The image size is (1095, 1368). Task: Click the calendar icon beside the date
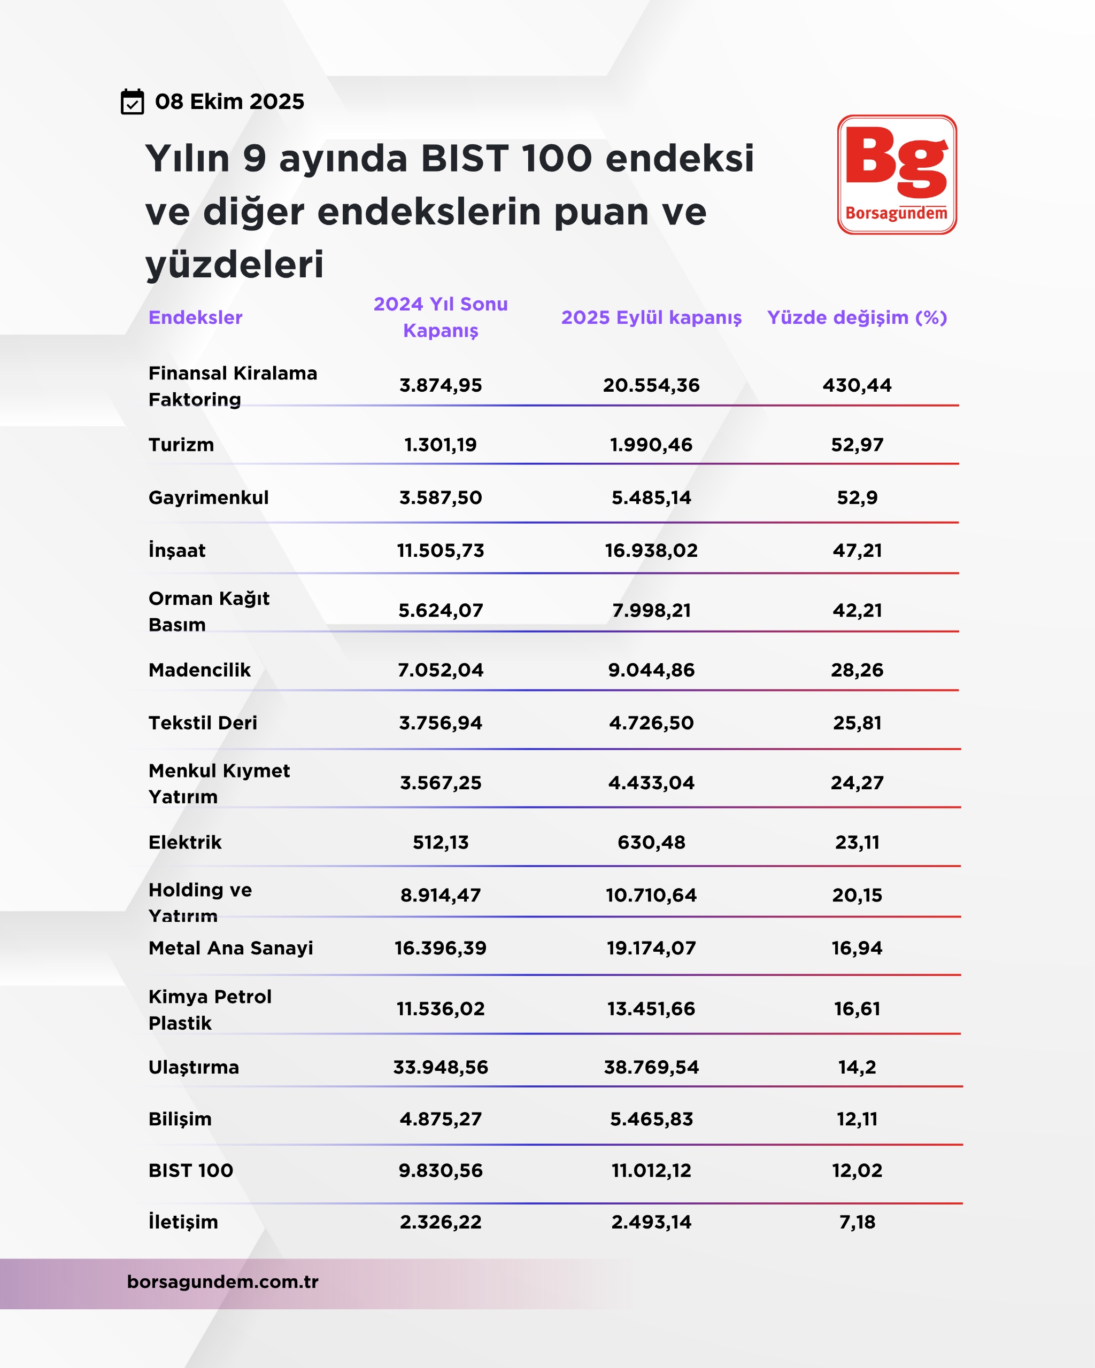tap(132, 102)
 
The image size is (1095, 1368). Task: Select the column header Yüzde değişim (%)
tap(857, 317)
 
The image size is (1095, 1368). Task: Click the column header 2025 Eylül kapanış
tap(651, 317)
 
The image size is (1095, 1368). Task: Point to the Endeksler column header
tap(196, 317)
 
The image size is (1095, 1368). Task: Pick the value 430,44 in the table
tap(857, 385)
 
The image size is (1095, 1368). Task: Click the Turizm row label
tap(182, 445)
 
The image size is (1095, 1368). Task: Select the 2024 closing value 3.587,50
tap(441, 498)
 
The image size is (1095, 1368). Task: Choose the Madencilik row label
tap(199, 670)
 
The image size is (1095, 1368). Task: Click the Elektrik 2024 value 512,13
tap(441, 842)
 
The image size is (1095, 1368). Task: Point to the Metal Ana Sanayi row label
tap(231, 948)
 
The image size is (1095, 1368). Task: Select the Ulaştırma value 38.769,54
tap(651, 1067)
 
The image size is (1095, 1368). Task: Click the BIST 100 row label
tap(191, 1170)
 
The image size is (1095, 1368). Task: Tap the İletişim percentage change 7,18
tap(857, 1222)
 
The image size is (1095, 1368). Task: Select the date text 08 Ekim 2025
tap(230, 102)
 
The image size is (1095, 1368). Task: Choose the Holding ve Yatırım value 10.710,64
tap(651, 895)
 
